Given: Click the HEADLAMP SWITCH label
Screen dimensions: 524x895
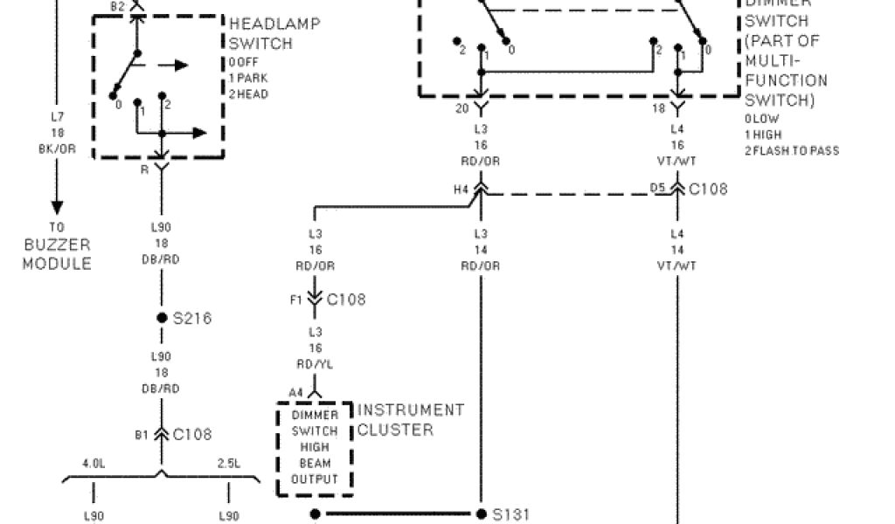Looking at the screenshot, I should pos(274,33).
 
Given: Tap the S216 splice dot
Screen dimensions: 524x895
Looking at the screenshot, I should pos(162,319).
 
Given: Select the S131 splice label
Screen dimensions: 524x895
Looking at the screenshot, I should pos(512,514).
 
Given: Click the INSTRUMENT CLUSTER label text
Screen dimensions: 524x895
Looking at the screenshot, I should pos(411,419).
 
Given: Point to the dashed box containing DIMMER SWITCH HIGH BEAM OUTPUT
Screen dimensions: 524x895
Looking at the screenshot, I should pos(315,448).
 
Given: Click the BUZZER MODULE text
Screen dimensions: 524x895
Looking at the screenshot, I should pos(57,255).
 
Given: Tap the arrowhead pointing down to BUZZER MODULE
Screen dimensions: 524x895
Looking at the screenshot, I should pos(57,208).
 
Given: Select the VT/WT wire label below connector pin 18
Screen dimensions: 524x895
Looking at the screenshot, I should pos(676,161).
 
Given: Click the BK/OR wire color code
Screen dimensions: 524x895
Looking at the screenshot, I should pos(58,148).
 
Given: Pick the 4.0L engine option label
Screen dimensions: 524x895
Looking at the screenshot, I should pos(94,464).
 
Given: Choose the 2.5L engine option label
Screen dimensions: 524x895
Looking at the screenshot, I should pos(229,464).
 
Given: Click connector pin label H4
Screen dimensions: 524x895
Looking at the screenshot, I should pos(460,189).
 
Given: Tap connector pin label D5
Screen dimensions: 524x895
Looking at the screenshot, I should pos(657,189).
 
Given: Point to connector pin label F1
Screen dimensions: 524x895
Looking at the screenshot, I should pos(296,300).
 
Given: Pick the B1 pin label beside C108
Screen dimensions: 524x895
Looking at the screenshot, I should pos(142,434).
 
